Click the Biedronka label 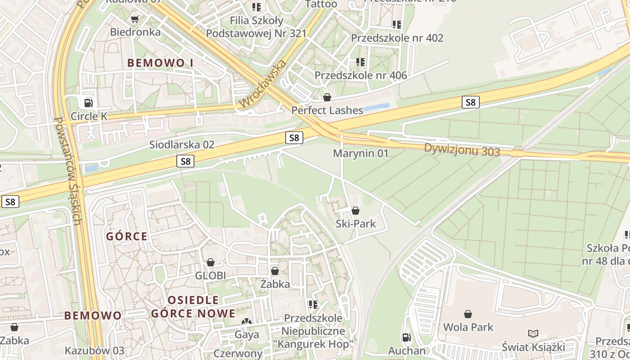tap(135, 32)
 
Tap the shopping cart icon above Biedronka tap(134, 19)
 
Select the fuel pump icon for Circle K tap(89, 103)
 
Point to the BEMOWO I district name tap(160, 63)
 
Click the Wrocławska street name tap(263, 84)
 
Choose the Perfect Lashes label tap(327, 110)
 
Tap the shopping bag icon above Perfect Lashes tap(327, 97)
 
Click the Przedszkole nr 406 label tap(360, 75)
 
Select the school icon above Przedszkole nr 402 tap(396, 24)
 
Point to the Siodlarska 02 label tap(182, 145)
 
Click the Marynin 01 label tap(360, 153)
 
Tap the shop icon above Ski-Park tap(355, 211)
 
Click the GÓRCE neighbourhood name tap(127, 236)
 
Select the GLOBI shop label tap(210, 275)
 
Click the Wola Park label tap(468, 327)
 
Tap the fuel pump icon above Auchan tap(406, 337)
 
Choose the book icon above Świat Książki tap(533, 333)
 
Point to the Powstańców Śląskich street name tap(67, 171)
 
